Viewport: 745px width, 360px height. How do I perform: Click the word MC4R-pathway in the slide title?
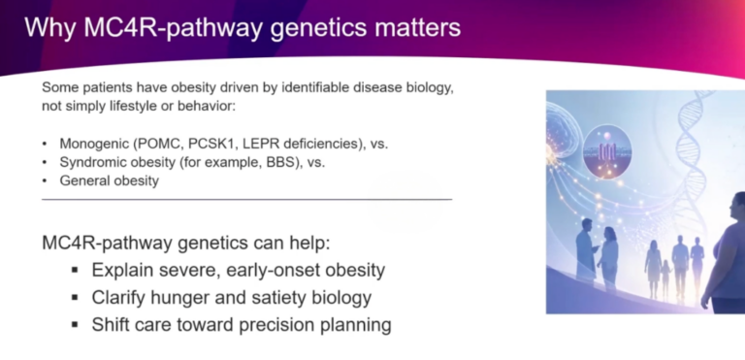[173, 28]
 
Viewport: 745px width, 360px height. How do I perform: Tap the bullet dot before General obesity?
[45, 181]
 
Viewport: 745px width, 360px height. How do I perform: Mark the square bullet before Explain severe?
[75, 270]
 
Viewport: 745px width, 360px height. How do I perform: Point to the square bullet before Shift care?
[75, 325]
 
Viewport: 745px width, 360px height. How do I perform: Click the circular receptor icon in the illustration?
[607, 151]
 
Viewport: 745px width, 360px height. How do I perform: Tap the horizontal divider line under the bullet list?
[247, 199]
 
